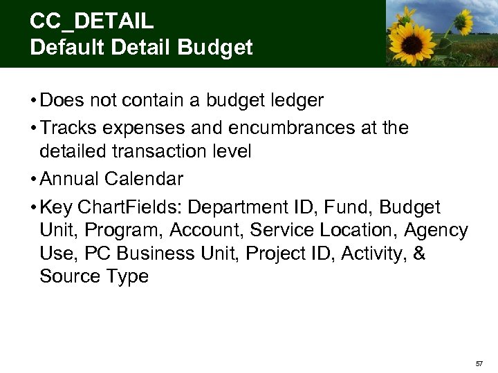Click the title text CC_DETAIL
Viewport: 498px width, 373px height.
pyautogui.click(x=91, y=21)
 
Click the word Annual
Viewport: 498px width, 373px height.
pyautogui.click(x=71, y=179)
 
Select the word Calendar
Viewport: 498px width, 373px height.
pyautogui.click(x=145, y=179)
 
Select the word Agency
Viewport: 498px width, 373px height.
pyautogui.click(x=436, y=230)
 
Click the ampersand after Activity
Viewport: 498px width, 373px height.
pyautogui.click(x=419, y=254)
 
